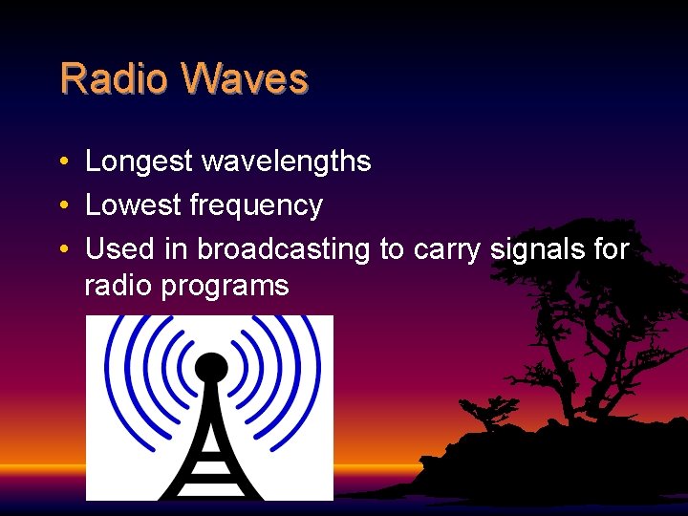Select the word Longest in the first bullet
140,161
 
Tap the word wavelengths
286,161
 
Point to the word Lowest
134,205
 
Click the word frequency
256,206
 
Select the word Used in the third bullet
119,249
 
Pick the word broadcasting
284,249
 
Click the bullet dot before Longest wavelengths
61,162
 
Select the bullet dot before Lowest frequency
61,206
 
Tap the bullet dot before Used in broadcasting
61,250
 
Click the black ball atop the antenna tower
211,366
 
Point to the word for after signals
610,249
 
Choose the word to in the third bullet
392,250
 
